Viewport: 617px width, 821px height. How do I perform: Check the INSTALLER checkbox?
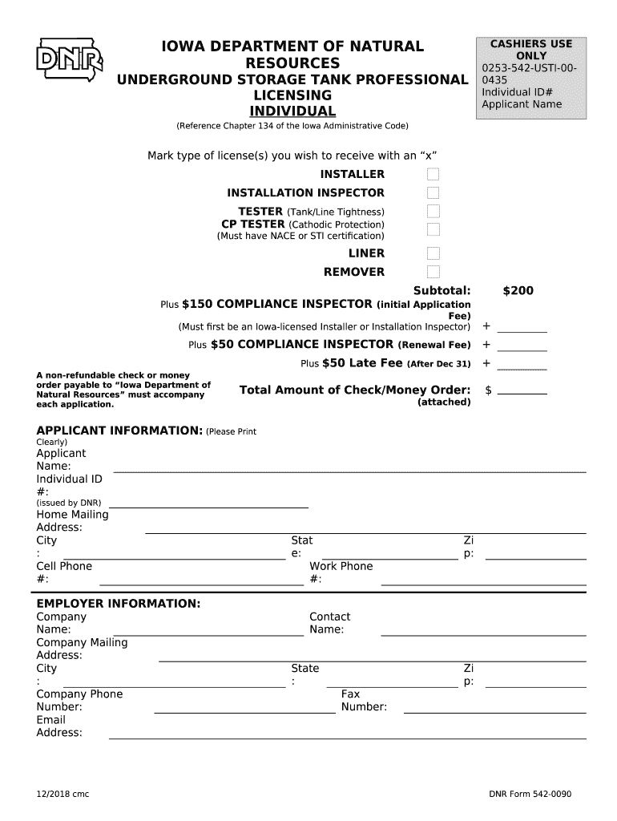click(x=434, y=175)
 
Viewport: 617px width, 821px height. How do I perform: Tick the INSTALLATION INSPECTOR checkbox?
click(x=434, y=193)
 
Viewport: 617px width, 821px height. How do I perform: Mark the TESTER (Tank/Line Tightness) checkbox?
click(x=434, y=212)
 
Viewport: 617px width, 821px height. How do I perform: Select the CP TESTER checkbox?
click(x=434, y=229)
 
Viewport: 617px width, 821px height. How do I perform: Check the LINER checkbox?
click(x=434, y=254)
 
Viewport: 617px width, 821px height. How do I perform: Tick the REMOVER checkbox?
click(x=434, y=273)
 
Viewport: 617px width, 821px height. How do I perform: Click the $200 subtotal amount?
click(x=518, y=290)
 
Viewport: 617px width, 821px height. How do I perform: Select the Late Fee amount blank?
click(x=522, y=366)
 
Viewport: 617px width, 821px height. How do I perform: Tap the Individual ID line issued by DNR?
click(x=208, y=505)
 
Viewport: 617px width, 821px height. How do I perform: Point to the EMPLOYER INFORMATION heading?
click(x=119, y=603)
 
